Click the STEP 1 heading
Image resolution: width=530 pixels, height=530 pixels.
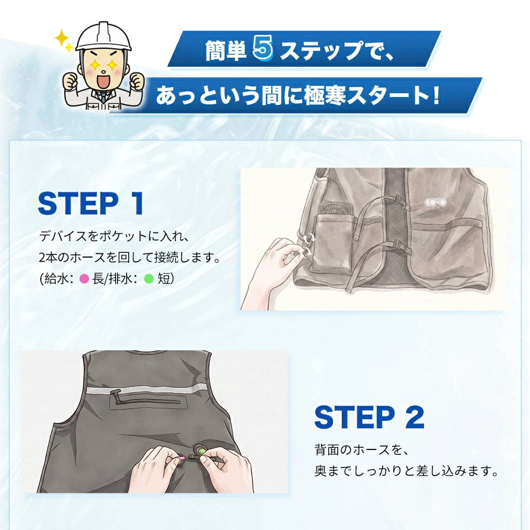pos(91,203)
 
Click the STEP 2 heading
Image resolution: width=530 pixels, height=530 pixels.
pos(369,417)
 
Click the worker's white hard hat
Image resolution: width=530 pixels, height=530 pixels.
pos(103,36)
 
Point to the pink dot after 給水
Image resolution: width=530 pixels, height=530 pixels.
pos(84,279)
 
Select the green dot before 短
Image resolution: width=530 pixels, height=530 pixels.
pos(149,279)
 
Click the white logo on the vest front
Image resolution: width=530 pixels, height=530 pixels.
pos(436,202)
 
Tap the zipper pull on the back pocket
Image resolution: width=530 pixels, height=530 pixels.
pos(116,396)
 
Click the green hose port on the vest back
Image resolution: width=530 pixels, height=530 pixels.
pos(201,451)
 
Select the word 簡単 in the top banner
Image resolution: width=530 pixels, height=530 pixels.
pos(225,51)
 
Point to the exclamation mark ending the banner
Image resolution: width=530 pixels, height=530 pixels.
pos(436,95)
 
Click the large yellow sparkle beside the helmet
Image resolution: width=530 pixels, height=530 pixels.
pos(62,39)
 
